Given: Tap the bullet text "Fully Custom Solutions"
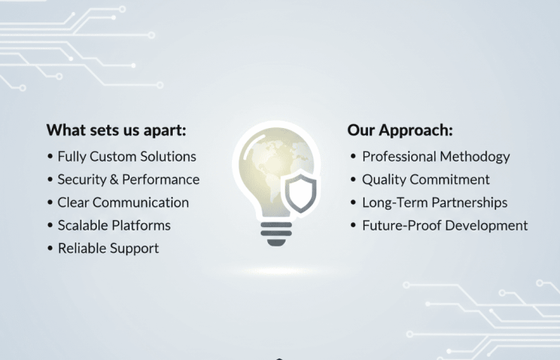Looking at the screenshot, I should click(126, 157).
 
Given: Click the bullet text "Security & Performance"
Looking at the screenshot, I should click(128, 179).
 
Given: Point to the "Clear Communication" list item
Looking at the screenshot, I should click(123, 202).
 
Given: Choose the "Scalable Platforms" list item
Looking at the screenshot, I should click(114, 226).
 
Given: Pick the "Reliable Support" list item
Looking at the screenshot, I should click(108, 248).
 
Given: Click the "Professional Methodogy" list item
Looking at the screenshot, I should click(436, 157).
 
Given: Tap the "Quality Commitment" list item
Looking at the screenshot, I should click(426, 179).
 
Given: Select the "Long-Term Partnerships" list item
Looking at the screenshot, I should click(434, 202).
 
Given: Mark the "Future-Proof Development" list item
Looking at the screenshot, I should click(445, 226).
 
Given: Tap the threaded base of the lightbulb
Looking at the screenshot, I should click(277, 233).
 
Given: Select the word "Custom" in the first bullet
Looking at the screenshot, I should click(116, 157).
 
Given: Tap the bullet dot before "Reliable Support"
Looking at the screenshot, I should click(50, 249).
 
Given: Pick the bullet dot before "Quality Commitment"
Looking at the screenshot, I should click(354, 180).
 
